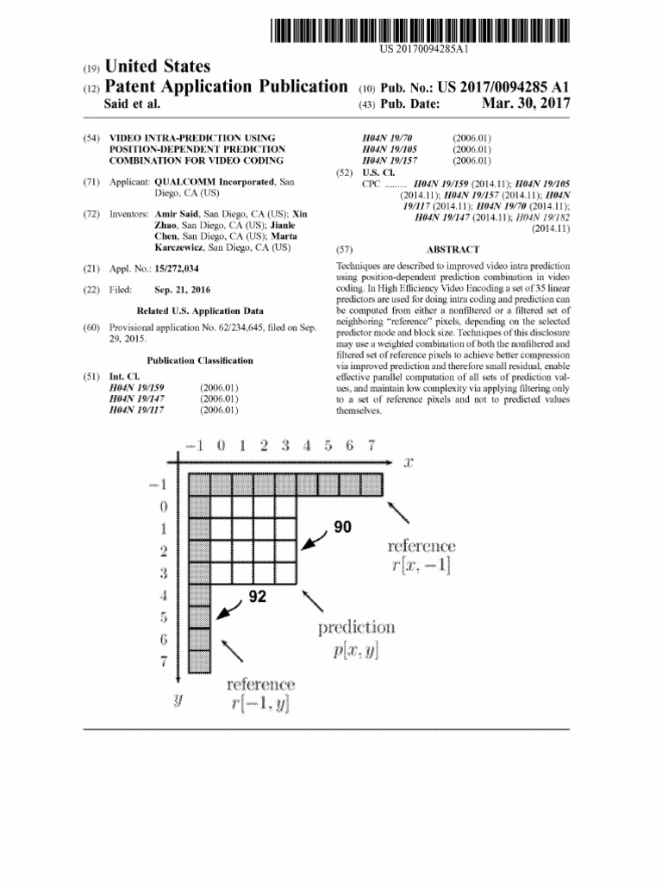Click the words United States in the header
pyautogui.click(x=157, y=66)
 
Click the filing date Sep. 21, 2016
pyautogui.click(x=181, y=290)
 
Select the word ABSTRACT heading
pyautogui.click(x=453, y=249)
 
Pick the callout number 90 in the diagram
pyautogui.click(x=343, y=527)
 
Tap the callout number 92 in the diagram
pyautogui.click(x=256, y=595)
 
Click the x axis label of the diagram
pyautogui.click(x=409, y=462)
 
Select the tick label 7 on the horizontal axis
pyautogui.click(x=371, y=445)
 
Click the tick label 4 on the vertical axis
pyautogui.click(x=163, y=595)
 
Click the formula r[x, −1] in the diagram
pyautogui.click(x=422, y=566)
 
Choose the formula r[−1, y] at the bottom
pyautogui.click(x=260, y=705)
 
